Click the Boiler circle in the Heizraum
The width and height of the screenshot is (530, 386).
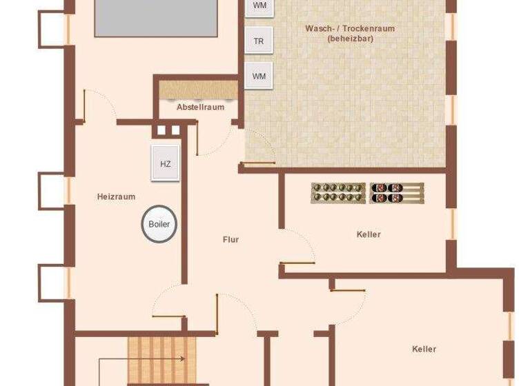point(159,224)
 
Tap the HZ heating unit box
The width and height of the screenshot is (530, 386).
point(165,163)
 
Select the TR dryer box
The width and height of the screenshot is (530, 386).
point(259,41)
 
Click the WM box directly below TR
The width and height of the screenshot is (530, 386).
point(259,76)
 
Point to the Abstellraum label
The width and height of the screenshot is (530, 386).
point(200,107)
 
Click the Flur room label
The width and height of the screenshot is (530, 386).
point(230,239)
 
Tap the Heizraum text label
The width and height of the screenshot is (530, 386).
point(116,196)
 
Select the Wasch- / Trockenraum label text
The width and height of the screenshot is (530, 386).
point(345,28)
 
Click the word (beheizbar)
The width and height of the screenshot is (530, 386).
point(345,39)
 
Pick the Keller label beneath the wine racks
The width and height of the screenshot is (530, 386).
point(369,234)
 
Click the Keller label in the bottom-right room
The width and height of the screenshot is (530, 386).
point(424,349)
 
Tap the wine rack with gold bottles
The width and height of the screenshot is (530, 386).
point(338,192)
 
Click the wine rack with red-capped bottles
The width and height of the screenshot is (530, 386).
point(396,192)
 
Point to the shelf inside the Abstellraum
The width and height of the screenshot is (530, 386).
point(199,90)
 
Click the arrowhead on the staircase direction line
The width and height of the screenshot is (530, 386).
point(182,359)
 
